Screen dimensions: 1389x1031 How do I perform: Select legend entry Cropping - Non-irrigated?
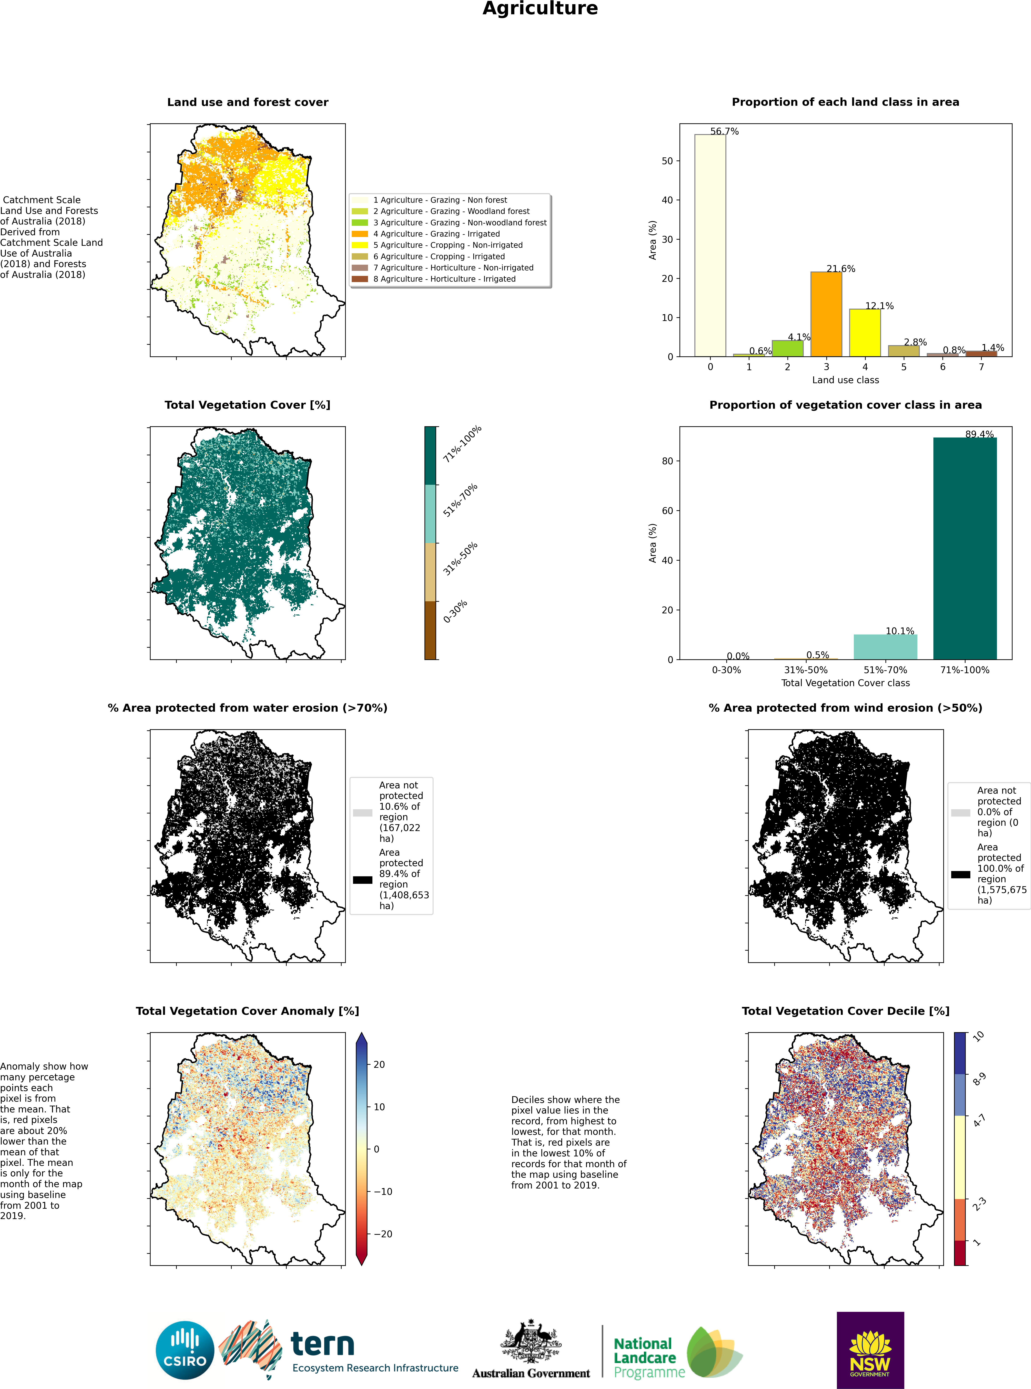click(x=448, y=245)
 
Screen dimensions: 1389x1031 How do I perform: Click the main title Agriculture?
click(x=540, y=9)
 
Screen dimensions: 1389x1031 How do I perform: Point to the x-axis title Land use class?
click(x=845, y=380)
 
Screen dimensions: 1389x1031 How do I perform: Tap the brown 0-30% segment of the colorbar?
click(x=430, y=630)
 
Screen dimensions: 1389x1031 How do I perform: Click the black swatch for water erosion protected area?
click(x=362, y=880)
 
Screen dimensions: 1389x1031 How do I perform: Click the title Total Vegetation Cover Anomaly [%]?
click(x=247, y=1011)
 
